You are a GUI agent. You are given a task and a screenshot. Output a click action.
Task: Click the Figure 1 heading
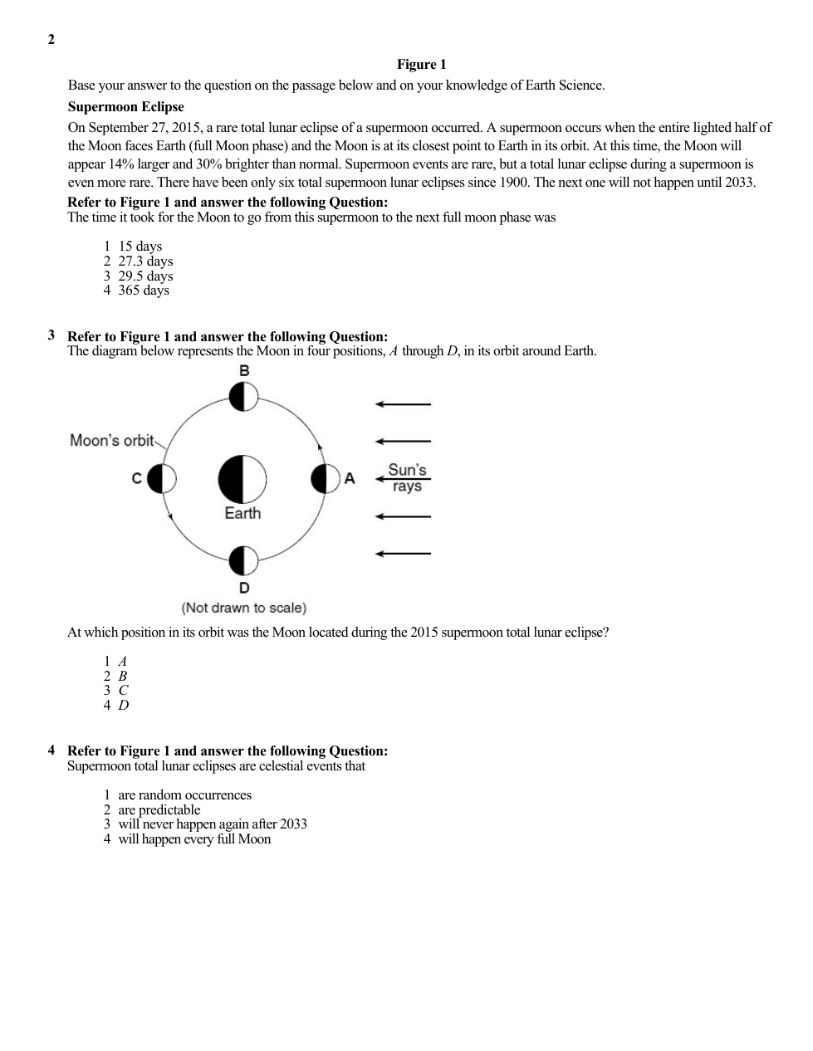point(421,65)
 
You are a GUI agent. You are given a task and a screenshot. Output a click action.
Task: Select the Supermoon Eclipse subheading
point(125,107)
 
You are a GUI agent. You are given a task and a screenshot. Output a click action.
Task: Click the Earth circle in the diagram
point(242,479)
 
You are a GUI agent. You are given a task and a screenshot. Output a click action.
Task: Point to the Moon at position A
point(326,479)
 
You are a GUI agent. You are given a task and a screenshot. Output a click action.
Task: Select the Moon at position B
point(243,397)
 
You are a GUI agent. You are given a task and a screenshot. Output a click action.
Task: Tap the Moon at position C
point(162,479)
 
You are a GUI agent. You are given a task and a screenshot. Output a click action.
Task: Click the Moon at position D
point(243,561)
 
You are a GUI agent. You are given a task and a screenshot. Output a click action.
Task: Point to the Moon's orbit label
point(112,441)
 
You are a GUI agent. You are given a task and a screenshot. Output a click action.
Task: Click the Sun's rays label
point(407,477)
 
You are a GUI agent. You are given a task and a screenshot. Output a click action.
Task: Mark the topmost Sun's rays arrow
point(403,404)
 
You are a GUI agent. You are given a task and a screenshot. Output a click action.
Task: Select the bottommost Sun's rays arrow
point(403,554)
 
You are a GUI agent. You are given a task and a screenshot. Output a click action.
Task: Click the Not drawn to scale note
point(244,608)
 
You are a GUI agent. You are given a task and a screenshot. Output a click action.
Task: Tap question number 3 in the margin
point(51,335)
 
